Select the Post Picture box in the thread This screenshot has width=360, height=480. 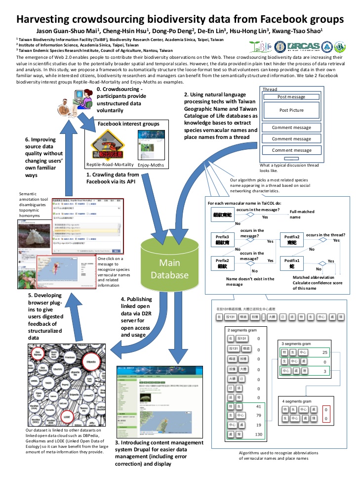(x=291, y=110)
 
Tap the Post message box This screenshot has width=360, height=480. (x=291, y=97)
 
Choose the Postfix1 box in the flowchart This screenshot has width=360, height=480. (x=292, y=263)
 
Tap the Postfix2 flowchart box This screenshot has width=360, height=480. (x=292, y=240)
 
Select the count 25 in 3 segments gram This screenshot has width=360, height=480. (x=324, y=352)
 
